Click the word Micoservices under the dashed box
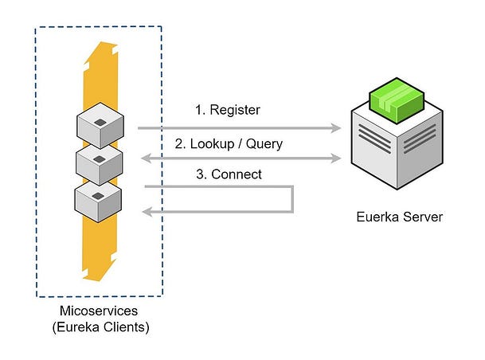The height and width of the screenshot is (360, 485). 99,311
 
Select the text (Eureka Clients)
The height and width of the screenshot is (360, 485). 99,327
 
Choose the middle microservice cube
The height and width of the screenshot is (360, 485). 99,162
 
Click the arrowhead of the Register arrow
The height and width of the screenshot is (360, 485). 336,127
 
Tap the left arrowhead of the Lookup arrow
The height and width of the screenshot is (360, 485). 145,158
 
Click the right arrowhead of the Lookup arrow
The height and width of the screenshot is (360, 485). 336,158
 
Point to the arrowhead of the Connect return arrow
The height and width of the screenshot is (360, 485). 145,211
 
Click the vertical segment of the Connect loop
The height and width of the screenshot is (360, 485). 293,199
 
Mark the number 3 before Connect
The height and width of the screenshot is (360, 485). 200,174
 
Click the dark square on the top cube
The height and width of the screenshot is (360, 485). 100,121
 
